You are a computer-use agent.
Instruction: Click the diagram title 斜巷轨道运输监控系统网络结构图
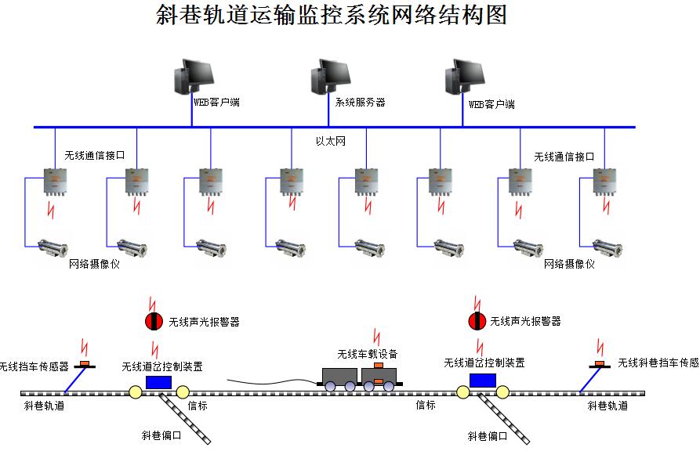[332, 15]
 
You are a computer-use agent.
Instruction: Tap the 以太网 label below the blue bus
[330, 141]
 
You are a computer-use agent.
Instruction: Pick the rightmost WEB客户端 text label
[491, 104]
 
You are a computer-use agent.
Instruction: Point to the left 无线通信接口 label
[94, 156]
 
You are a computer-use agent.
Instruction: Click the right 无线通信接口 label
[564, 157]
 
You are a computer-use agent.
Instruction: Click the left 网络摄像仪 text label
[94, 265]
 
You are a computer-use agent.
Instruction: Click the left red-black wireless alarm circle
[154, 321]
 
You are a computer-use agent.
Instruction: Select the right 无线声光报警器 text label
[525, 321]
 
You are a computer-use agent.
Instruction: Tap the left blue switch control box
[158, 381]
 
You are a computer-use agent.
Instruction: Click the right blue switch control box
[482, 380]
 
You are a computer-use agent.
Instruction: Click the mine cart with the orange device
[379, 376]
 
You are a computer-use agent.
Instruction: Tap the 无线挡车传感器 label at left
[34, 366]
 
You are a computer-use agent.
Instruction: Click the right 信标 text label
[425, 405]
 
